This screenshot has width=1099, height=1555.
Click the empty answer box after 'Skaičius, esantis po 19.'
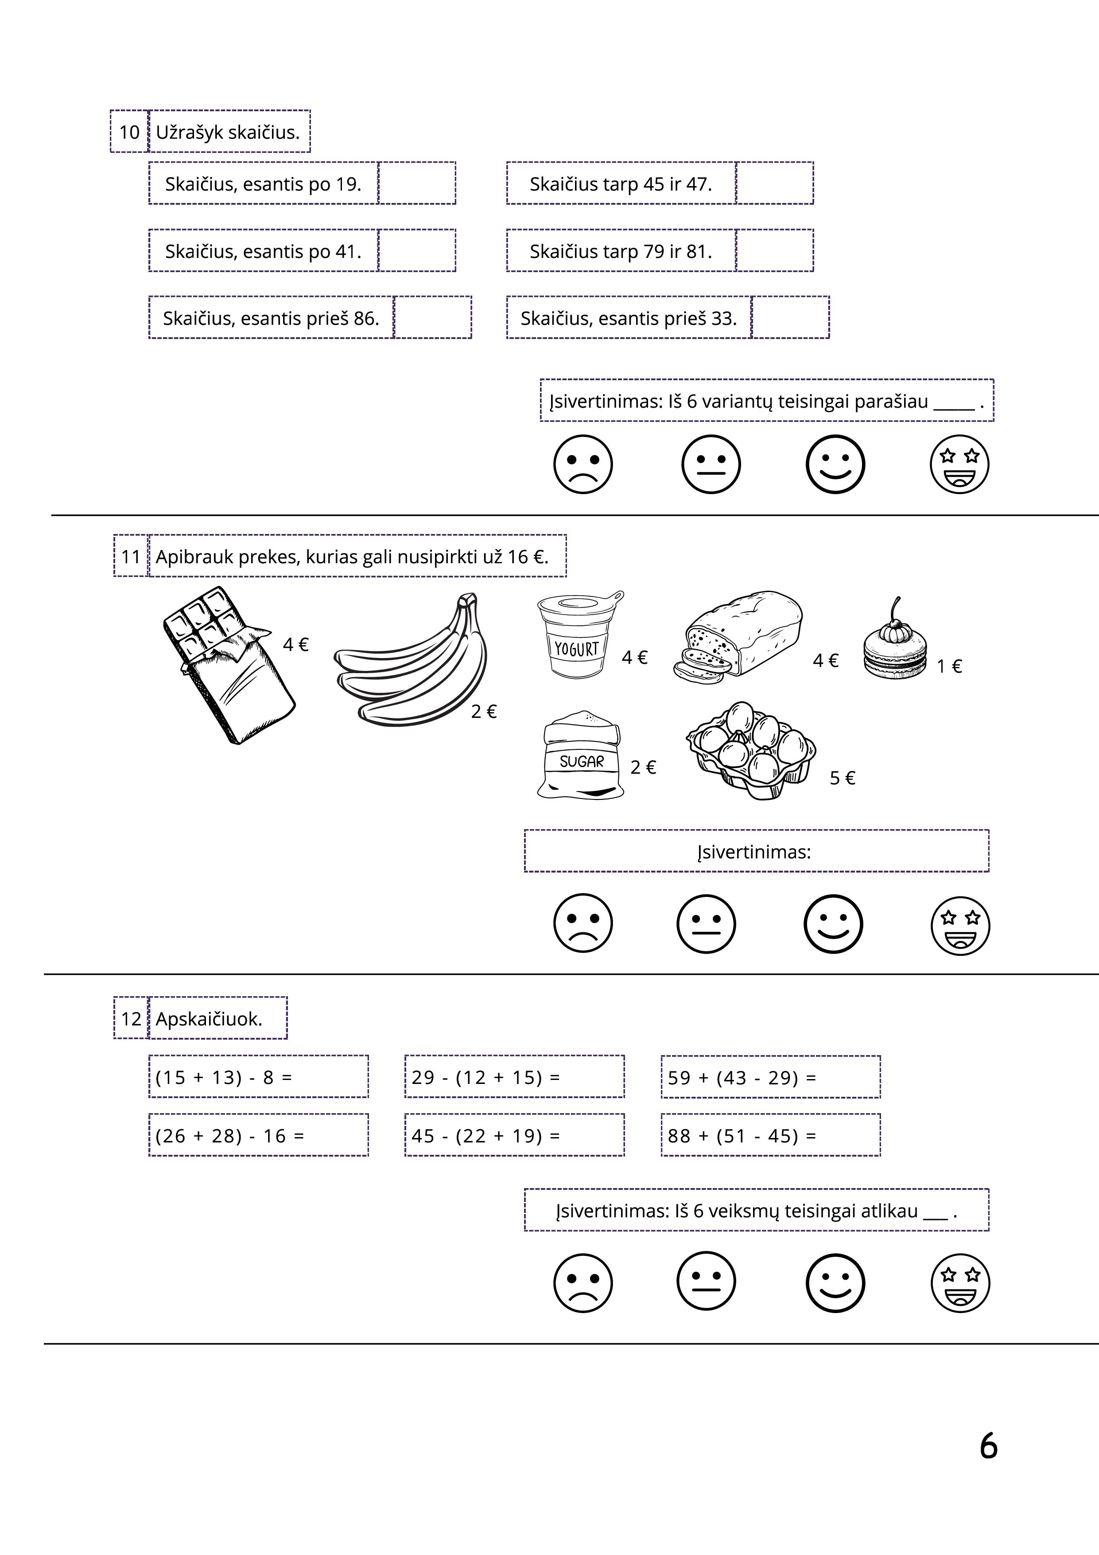(x=416, y=183)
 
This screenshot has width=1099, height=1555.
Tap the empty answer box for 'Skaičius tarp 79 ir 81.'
(x=774, y=250)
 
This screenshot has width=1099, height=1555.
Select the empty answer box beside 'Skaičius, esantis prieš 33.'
(x=790, y=317)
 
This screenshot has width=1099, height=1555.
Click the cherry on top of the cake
(x=897, y=623)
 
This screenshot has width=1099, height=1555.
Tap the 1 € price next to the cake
(x=949, y=667)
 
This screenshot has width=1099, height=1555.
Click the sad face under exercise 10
(x=583, y=464)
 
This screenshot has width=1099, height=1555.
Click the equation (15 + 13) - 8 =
(x=223, y=1077)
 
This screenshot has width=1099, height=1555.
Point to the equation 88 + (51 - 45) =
(x=742, y=1136)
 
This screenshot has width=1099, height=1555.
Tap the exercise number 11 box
(x=130, y=557)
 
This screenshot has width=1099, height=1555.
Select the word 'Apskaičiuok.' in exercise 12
(x=209, y=1019)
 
